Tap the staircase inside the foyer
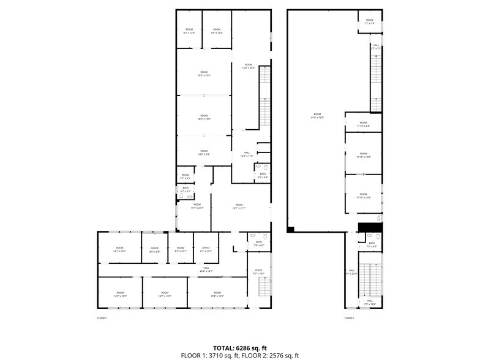pyautogui.click(x=264, y=288)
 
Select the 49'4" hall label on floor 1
pyautogui.click(x=207, y=269)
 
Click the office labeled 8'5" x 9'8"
pyautogui.click(x=154, y=249)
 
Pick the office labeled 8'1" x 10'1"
pyautogui.click(x=206, y=249)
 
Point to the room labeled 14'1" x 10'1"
pyautogui.click(x=119, y=249)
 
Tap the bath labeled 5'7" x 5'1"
pyautogui.click(x=186, y=190)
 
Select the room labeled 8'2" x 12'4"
pyautogui.click(x=189, y=31)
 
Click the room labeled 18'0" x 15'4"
pyautogui.click(x=204, y=74)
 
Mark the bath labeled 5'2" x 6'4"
pyautogui.click(x=263, y=176)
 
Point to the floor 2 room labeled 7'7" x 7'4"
pyautogui.click(x=370, y=21)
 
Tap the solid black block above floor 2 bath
pyautogui.click(x=370, y=227)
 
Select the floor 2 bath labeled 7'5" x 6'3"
pyautogui.click(x=372, y=244)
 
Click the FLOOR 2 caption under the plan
pyautogui.click(x=349, y=318)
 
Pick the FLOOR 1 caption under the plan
pyautogui.click(x=102, y=318)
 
